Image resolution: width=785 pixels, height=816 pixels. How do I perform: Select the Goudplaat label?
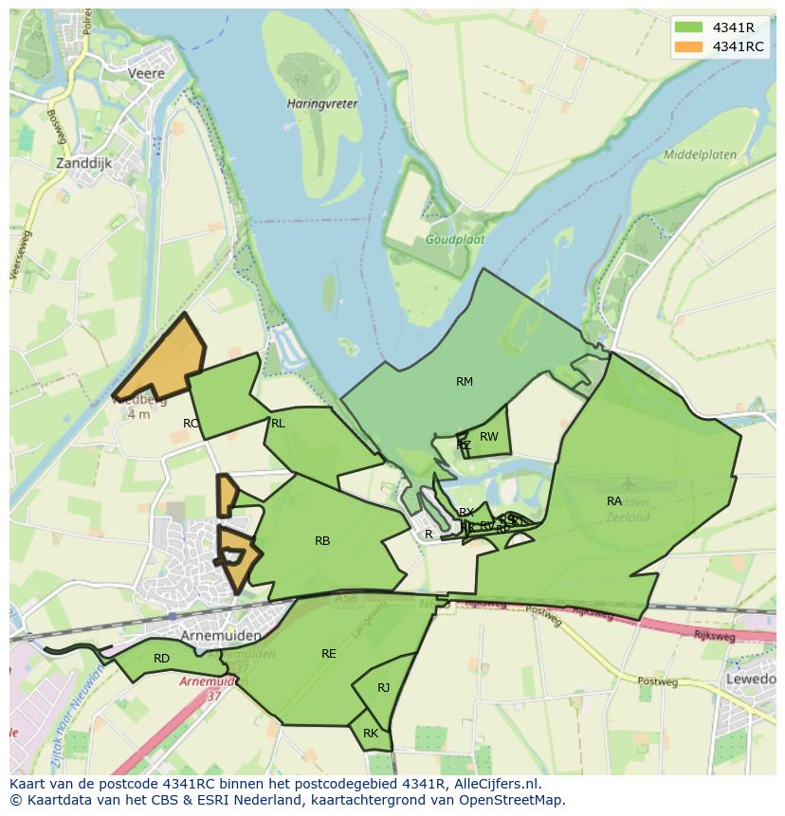tap(454, 240)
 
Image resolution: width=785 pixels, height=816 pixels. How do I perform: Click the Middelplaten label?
tap(701, 154)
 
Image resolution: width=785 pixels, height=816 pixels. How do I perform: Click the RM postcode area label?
tap(464, 382)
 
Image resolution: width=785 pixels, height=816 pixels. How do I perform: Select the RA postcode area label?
tap(614, 500)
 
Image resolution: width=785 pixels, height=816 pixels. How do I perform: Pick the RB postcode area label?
tap(322, 541)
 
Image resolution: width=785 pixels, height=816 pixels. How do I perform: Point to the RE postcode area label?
tap(329, 654)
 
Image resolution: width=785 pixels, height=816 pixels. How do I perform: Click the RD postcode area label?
tap(161, 658)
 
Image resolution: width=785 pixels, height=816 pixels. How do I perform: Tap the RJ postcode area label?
tap(383, 688)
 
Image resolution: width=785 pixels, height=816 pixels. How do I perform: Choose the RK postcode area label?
tap(371, 734)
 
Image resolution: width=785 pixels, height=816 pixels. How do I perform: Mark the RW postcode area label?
tap(489, 437)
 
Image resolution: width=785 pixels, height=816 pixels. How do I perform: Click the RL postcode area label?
tap(278, 424)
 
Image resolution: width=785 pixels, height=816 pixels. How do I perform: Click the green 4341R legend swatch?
tap(689, 27)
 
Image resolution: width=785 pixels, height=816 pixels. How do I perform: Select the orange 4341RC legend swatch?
tap(689, 46)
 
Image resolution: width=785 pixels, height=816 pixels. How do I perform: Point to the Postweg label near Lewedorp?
tap(652, 680)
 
